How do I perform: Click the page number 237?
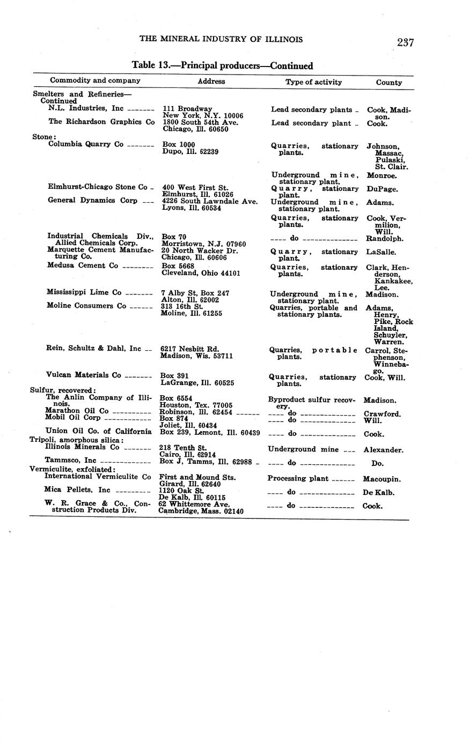pos(405,42)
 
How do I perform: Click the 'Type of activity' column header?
pos(313,82)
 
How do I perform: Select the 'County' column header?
pos(389,83)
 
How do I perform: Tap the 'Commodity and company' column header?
pos(95,80)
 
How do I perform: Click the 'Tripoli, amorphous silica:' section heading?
pos(76,440)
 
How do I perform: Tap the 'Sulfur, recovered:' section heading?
pos(63,390)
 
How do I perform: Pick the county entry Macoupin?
pos(382,479)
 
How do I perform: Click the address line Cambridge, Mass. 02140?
pos(201,511)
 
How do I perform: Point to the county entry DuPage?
pos(383,189)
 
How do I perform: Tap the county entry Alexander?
pos(383,450)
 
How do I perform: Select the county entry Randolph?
pos(384,239)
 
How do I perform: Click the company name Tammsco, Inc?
pos(71,460)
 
